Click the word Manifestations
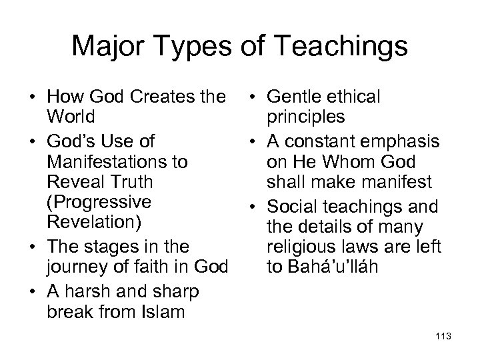117,163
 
